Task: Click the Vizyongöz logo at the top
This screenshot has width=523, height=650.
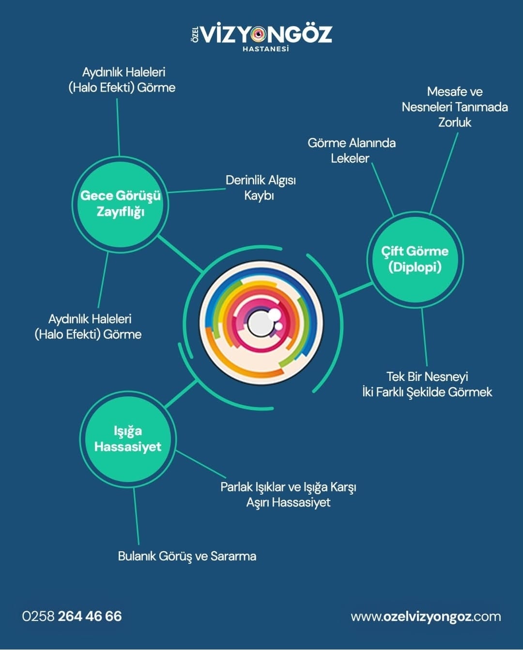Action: (261, 35)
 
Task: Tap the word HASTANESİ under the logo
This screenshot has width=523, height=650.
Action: (265, 49)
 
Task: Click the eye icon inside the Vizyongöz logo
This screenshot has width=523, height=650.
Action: (258, 34)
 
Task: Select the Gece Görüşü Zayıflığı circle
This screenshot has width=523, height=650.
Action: (120, 203)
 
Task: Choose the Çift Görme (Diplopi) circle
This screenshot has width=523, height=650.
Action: (415, 259)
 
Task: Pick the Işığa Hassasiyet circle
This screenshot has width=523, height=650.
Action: (128, 438)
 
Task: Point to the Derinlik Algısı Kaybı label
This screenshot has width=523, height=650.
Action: (260, 188)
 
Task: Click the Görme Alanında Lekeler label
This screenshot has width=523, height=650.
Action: (351, 151)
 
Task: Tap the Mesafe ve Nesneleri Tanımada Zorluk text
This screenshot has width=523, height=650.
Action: (455, 107)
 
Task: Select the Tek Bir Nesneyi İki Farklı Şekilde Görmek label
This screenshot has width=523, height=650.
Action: (427, 384)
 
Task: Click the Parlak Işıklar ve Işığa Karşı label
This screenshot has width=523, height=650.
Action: (288, 487)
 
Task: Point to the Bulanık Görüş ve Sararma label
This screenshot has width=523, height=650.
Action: (187, 556)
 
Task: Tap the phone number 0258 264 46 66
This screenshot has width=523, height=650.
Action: (72, 616)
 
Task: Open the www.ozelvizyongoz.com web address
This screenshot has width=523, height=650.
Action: (426, 617)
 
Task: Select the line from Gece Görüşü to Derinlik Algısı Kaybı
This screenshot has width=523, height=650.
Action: (196, 190)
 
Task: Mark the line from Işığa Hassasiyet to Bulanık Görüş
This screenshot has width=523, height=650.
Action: (136, 515)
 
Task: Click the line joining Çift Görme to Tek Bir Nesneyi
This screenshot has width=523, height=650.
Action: (424, 336)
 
